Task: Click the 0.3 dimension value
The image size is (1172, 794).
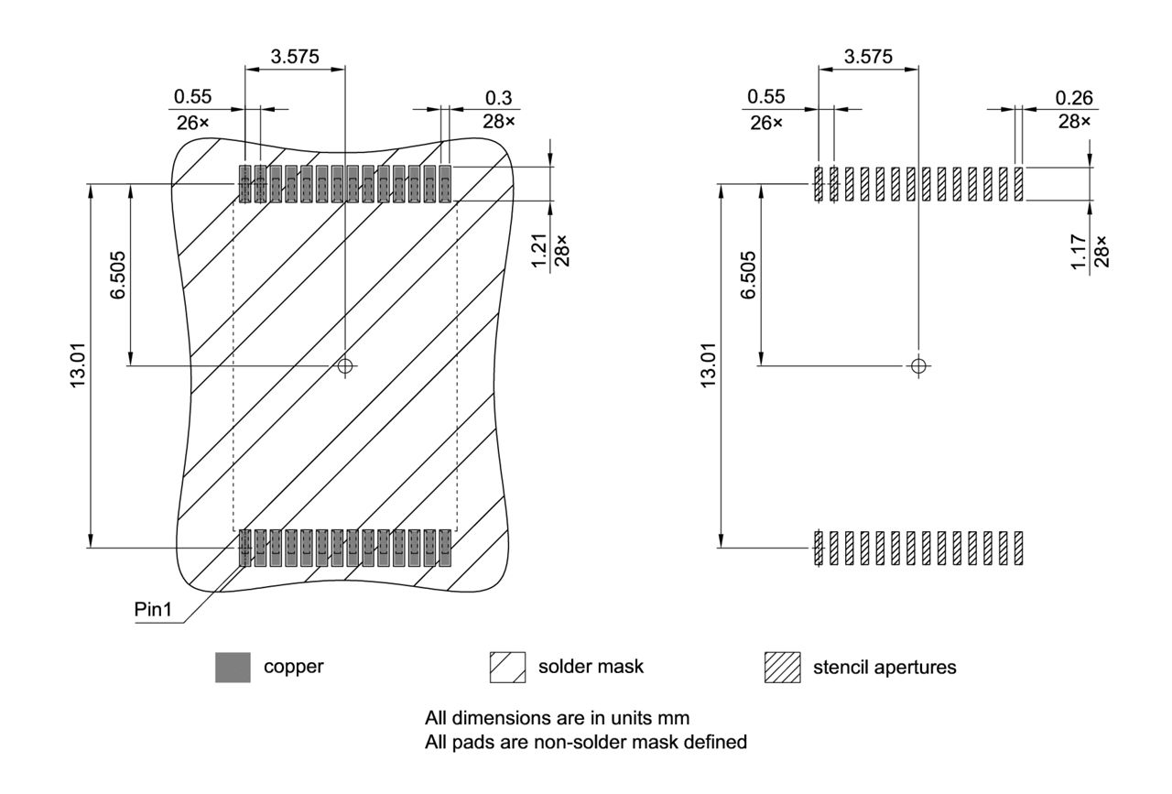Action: click(x=499, y=98)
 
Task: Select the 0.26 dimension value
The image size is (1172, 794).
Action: click(x=1073, y=98)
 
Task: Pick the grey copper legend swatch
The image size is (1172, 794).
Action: click(x=233, y=668)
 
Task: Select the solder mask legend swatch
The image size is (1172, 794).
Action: click(x=508, y=668)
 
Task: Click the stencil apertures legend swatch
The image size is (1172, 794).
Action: click(x=782, y=668)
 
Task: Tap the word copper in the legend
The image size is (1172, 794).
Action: click(x=293, y=667)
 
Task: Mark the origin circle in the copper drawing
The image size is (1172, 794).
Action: click(x=344, y=365)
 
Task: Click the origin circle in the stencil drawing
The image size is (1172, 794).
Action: click(x=918, y=365)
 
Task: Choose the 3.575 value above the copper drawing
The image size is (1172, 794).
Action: click(x=295, y=56)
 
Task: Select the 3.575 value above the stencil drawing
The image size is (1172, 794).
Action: click(x=868, y=56)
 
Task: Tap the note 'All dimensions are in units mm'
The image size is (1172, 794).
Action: click(x=557, y=717)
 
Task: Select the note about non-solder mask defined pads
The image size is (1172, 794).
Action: click(x=586, y=742)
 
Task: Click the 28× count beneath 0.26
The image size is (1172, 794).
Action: click(x=1073, y=122)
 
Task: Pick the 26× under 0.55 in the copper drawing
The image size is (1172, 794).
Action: click(x=193, y=122)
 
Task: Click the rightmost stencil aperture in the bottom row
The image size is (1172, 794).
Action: click(x=1018, y=548)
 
